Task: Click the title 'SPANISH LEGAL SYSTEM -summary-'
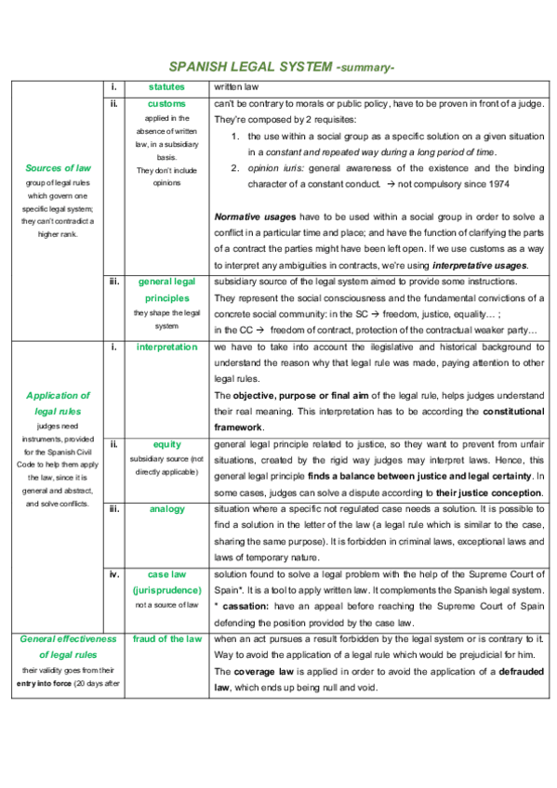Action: tap(282, 67)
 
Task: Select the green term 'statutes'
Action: tap(166, 86)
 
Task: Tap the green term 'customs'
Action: tap(166, 103)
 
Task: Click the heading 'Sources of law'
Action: tap(59, 168)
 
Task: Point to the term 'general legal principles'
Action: tap(166, 289)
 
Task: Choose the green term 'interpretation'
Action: tap(166, 347)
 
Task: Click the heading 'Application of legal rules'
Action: tap(59, 402)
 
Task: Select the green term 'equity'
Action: tap(166, 444)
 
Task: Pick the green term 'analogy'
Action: tap(166, 509)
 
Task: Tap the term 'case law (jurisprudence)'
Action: tap(166, 582)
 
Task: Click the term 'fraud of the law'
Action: tap(166, 638)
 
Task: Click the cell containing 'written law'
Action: tap(232, 86)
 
